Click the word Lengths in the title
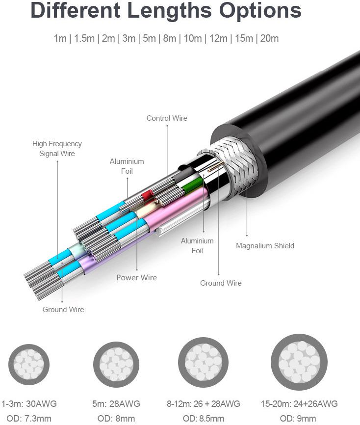click(x=169, y=11)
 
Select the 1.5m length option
click(x=84, y=38)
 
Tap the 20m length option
click(x=269, y=38)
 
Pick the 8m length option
click(x=170, y=38)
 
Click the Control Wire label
click(x=167, y=118)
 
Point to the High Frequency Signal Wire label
click(x=57, y=149)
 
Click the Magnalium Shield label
click(x=265, y=246)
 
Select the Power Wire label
click(x=136, y=278)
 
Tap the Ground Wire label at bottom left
click(x=63, y=310)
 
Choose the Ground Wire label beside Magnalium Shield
click(x=221, y=283)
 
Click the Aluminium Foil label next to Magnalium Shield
click(x=197, y=245)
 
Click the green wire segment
click(x=193, y=185)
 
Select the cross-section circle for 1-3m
click(x=29, y=365)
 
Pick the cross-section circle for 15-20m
click(x=299, y=362)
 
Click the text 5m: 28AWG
click(x=116, y=404)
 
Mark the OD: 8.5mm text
click(x=204, y=419)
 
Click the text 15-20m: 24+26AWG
click(x=299, y=404)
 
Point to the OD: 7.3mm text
click(x=29, y=419)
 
